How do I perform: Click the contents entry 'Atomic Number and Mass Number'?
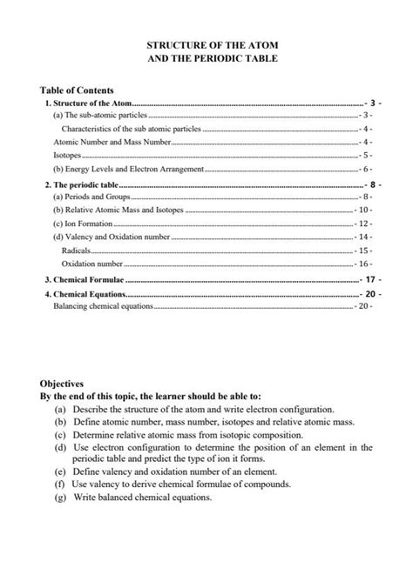112,141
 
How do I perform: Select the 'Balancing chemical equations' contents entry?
103,306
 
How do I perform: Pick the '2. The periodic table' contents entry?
81,185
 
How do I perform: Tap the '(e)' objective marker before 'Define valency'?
58,472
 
